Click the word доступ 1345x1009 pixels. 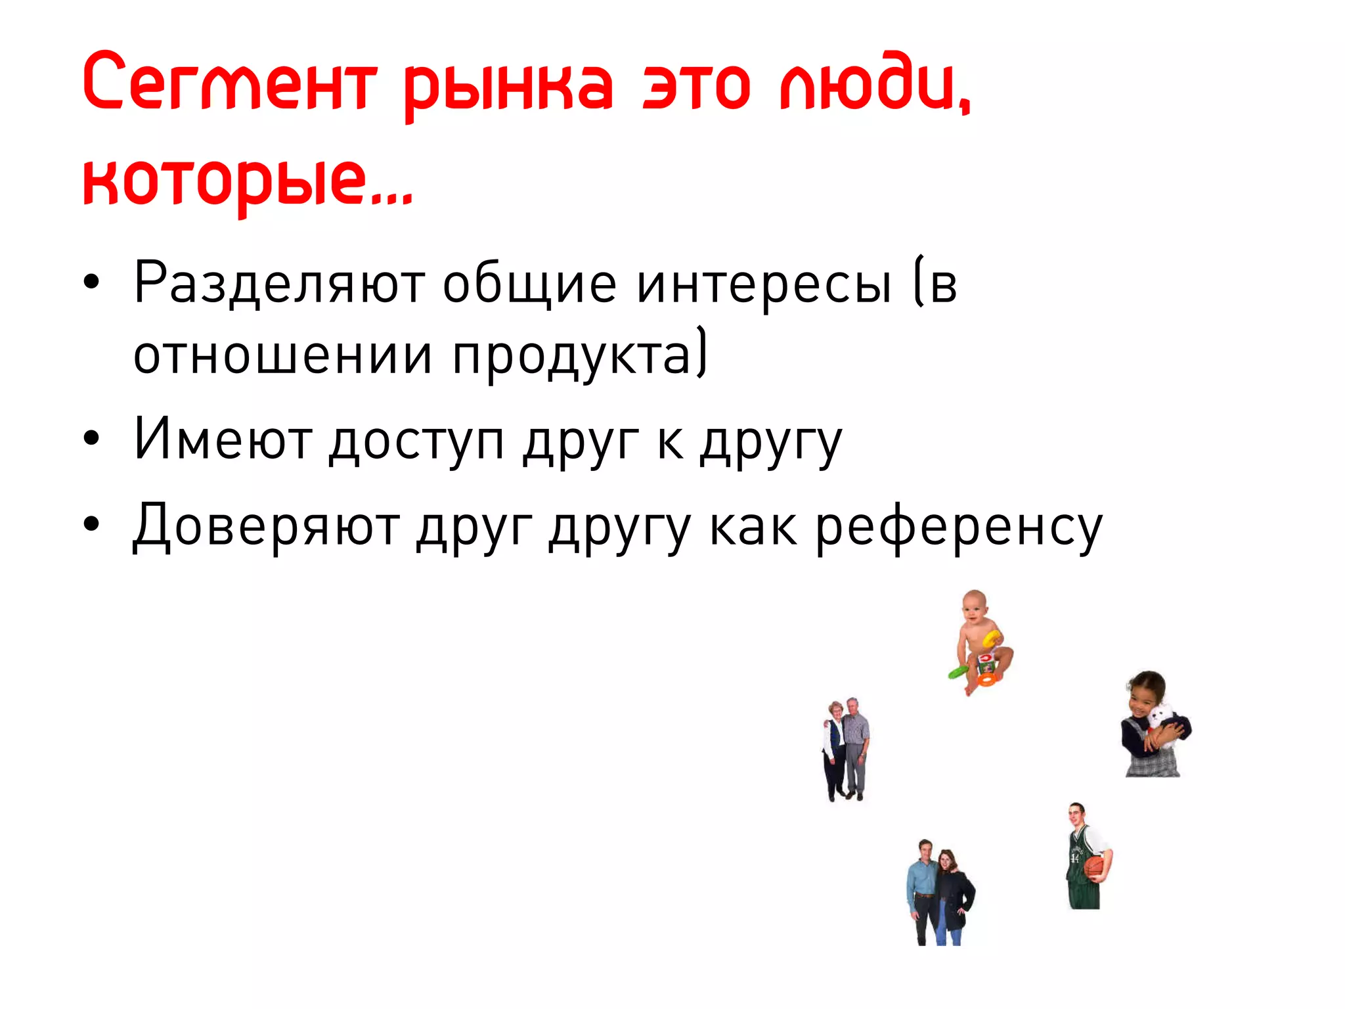(x=416, y=441)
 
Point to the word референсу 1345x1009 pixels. (x=959, y=529)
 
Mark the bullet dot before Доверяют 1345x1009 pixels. (x=91, y=524)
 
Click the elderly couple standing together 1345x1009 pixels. (x=846, y=749)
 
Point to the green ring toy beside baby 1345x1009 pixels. (x=957, y=671)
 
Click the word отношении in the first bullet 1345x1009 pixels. (x=282, y=355)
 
